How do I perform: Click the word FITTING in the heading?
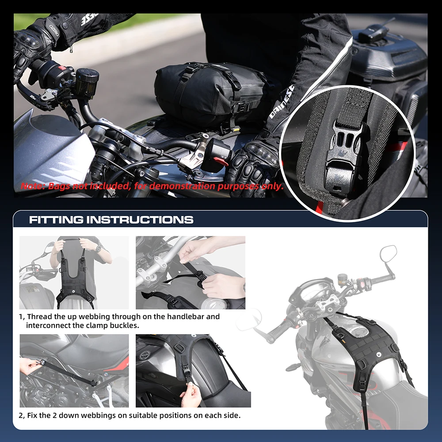[x=56, y=220]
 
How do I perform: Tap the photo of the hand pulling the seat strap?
[x=74, y=370]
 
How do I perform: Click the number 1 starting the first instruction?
[x=21, y=317]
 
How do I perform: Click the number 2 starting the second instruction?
[x=21, y=416]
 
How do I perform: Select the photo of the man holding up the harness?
[x=74, y=272]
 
